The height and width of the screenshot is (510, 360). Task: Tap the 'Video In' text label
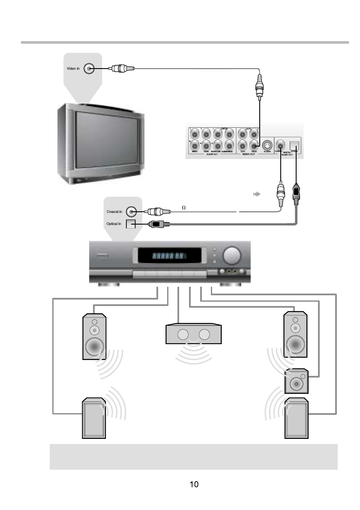(73, 69)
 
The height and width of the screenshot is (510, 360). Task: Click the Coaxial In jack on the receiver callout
(132, 211)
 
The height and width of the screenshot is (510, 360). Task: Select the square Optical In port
(130, 224)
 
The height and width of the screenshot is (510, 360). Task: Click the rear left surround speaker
(94, 419)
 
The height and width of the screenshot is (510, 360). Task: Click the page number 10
(194, 485)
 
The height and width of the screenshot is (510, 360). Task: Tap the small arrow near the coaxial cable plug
(256, 194)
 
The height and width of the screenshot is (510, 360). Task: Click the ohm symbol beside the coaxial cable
(184, 207)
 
